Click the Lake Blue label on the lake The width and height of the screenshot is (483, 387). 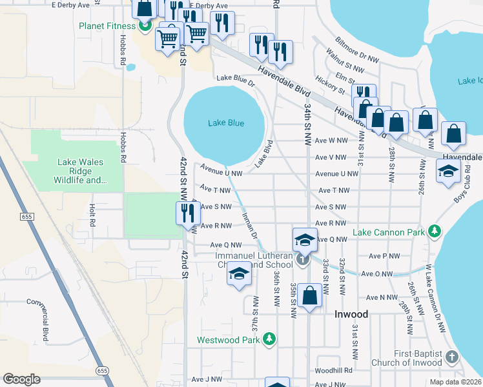[226, 123]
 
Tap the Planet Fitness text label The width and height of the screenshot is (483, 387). [107, 26]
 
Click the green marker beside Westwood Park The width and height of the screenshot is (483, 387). [269, 339]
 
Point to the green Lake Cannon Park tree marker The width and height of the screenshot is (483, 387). [436, 232]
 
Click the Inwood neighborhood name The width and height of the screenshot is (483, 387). [351, 314]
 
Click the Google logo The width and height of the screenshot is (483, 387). [21, 379]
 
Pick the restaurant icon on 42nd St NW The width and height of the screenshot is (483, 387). [185, 212]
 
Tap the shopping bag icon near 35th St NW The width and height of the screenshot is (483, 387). [310, 296]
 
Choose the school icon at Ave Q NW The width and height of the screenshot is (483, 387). [305, 239]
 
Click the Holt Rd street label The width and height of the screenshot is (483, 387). [92, 215]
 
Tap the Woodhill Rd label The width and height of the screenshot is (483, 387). [334, 370]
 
